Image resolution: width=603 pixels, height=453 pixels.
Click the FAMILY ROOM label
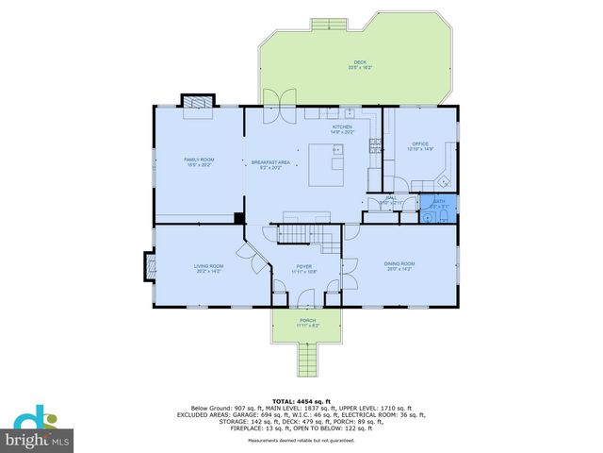[x=199, y=161]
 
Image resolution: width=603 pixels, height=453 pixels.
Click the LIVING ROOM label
[x=208, y=268]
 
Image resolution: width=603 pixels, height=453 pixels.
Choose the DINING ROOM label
[x=399, y=265]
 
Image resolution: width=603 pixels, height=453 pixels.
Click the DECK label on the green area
[x=360, y=64]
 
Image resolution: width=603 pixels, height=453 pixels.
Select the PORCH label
[x=307, y=322]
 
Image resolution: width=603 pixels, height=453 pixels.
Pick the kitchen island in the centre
[x=331, y=164]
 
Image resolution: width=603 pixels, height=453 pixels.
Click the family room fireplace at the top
[x=198, y=101]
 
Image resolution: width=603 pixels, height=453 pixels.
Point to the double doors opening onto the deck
[x=273, y=107]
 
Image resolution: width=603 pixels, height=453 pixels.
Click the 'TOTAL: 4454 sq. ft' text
[x=301, y=402]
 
